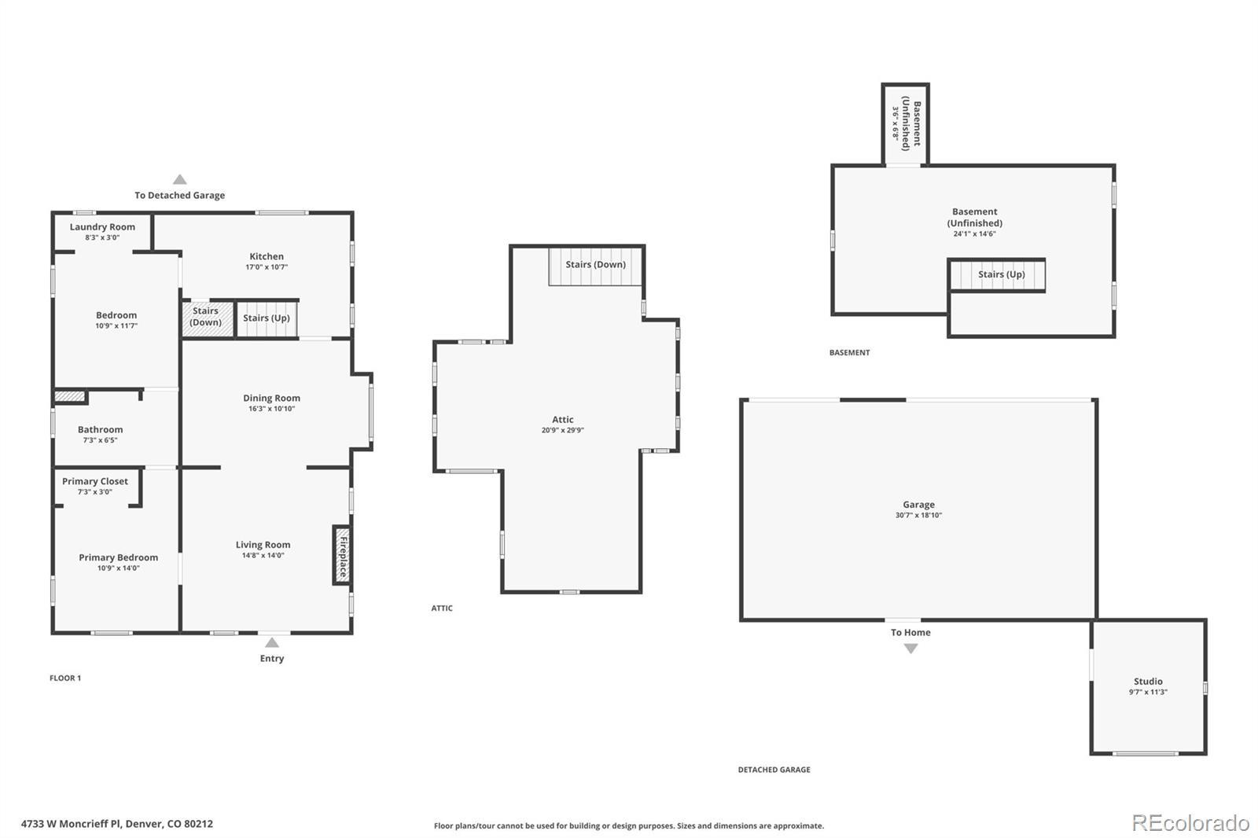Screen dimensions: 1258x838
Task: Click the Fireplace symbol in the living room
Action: [x=342, y=556]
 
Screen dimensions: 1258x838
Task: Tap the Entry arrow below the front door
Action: [x=272, y=642]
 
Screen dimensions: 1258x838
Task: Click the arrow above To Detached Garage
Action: [x=180, y=179]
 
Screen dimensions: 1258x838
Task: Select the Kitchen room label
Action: [x=267, y=256]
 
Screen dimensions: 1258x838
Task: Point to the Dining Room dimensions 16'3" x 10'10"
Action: [x=272, y=409]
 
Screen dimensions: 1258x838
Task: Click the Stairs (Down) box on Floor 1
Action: [x=208, y=320]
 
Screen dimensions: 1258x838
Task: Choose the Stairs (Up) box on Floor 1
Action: [x=267, y=319]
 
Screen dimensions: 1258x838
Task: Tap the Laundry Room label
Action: [x=102, y=227]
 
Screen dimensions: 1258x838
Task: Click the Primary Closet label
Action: [x=95, y=481]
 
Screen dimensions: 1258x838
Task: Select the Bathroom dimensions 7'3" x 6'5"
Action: [x=100, y=440]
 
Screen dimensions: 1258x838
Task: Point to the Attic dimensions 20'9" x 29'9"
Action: [x=563, y=430]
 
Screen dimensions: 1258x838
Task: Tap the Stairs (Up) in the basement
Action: [x=997, y=275]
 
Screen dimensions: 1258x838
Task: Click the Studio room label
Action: [x=1148, y=682]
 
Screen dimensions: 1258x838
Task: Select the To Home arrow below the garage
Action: [x=911, y=649]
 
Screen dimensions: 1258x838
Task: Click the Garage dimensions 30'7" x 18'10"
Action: [x=919, y=515]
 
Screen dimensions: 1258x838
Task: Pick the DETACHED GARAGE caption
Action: [x=774, y=770]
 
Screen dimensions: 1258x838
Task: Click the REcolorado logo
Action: [x=1190, y=823]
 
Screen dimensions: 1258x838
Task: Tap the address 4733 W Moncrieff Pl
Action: [x=71, y=824]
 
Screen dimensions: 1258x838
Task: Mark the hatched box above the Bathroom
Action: [x=70, y=396]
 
